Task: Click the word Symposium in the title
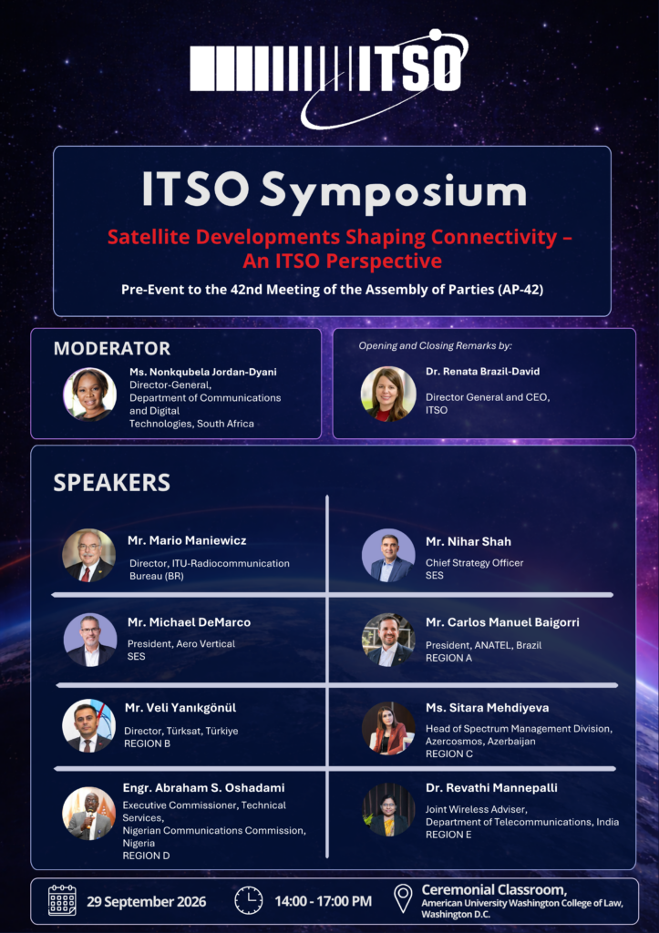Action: [394, 191]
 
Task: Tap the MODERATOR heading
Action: [112, 348]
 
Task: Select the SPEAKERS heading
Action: [112, 482]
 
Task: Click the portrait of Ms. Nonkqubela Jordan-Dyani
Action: [90, 394]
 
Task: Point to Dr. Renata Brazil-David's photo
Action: [388, 394]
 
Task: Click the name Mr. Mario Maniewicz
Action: [187, 540]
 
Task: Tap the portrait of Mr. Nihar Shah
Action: [388, 556]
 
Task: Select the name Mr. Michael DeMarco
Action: [190, 621]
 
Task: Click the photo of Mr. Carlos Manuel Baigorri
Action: [388, 640]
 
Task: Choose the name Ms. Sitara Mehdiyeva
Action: [487, 707]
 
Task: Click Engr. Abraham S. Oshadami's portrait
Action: [88, 814]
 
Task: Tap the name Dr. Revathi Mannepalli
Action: [491, 788]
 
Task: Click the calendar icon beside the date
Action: [63, 901]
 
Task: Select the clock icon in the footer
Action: [248, 901]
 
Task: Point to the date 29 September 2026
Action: [147, 901]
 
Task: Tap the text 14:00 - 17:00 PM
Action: [324, 901]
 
